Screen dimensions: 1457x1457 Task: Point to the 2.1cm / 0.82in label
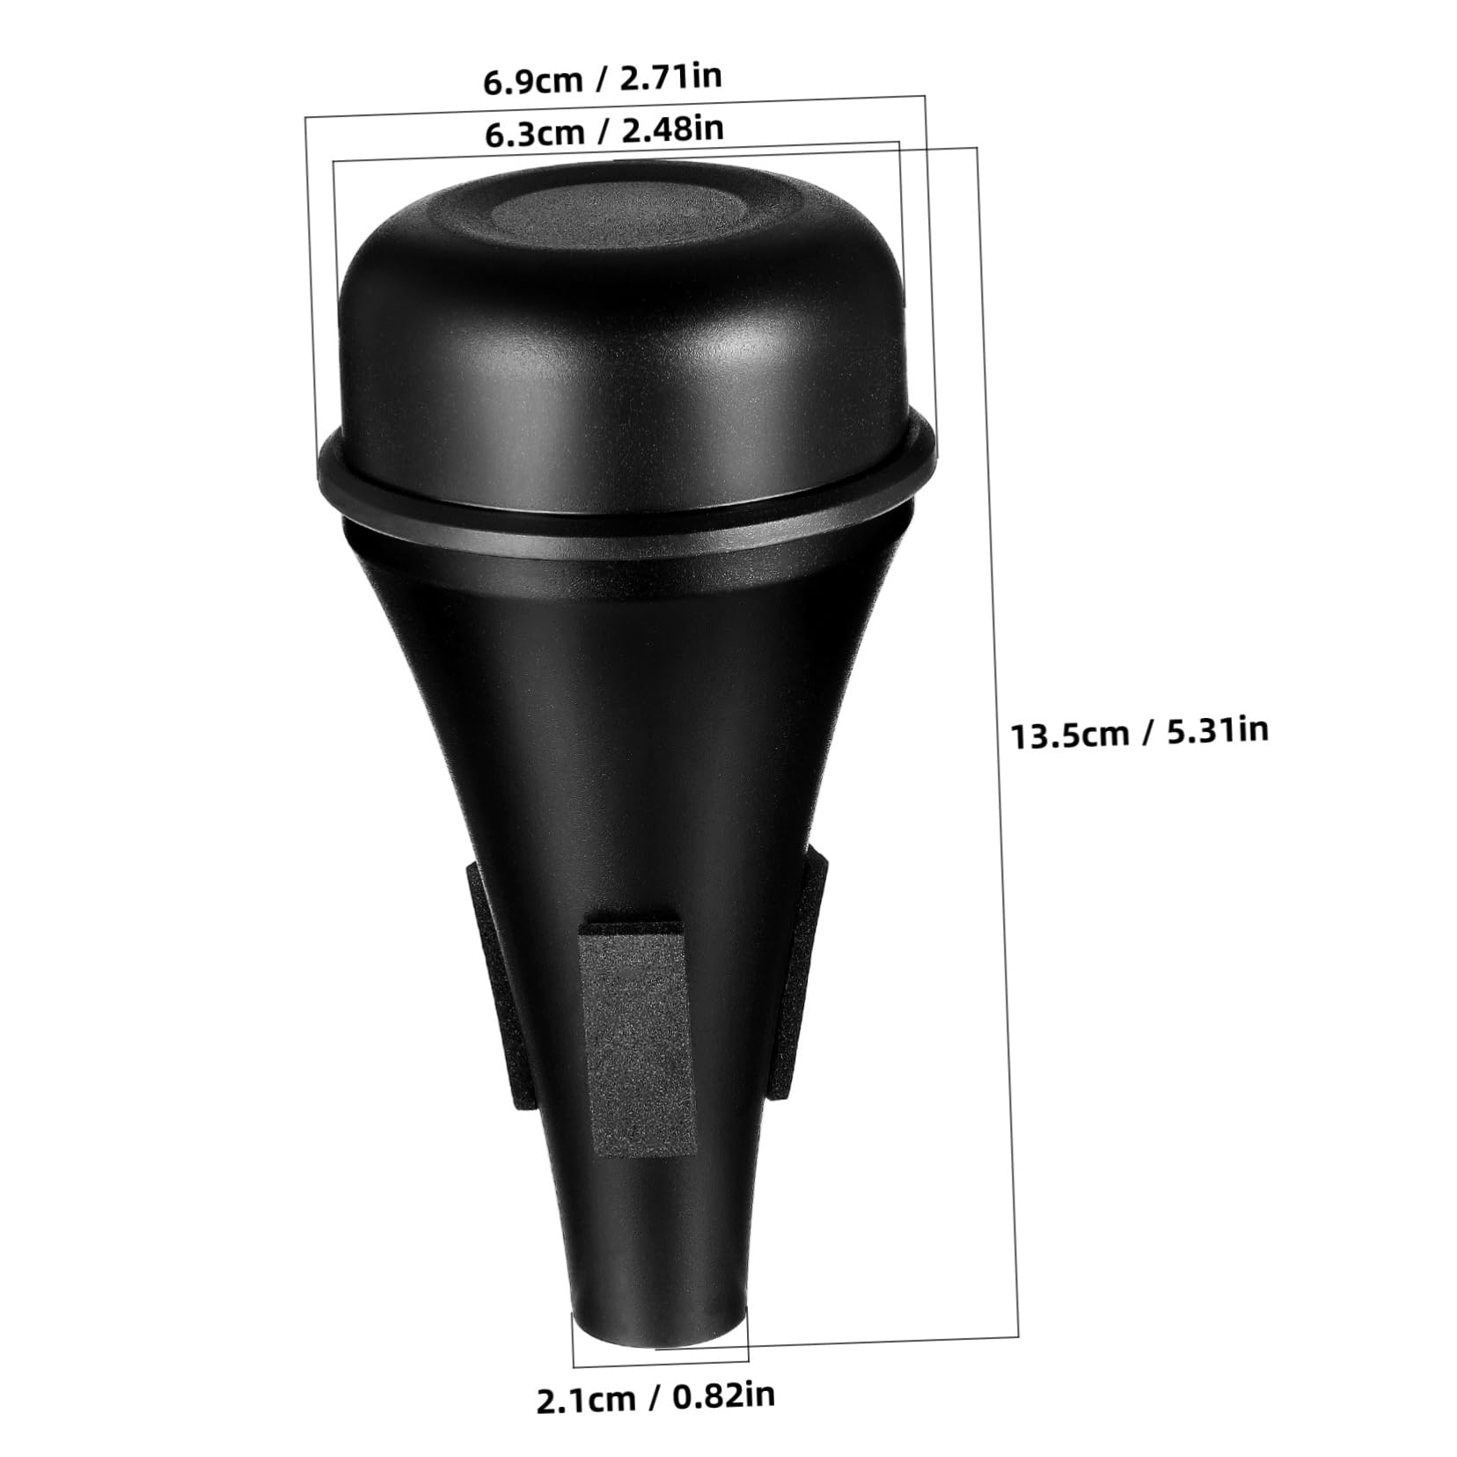(x=655, y=1396)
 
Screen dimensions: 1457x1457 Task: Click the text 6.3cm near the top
(x=534, y=133)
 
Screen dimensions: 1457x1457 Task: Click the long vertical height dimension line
(x=998, y=704)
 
